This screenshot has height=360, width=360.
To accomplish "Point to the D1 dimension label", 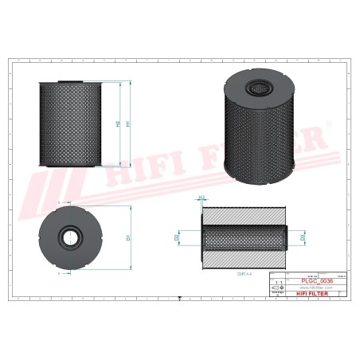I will [x=127, y=237].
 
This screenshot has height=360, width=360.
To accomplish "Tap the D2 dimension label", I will [x=177, y=237].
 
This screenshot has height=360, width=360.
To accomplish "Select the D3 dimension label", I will [x=302, y=237].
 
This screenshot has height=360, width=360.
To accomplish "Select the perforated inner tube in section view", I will [x=244, y=237].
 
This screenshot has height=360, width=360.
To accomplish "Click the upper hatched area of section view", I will [x=244, y=214].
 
